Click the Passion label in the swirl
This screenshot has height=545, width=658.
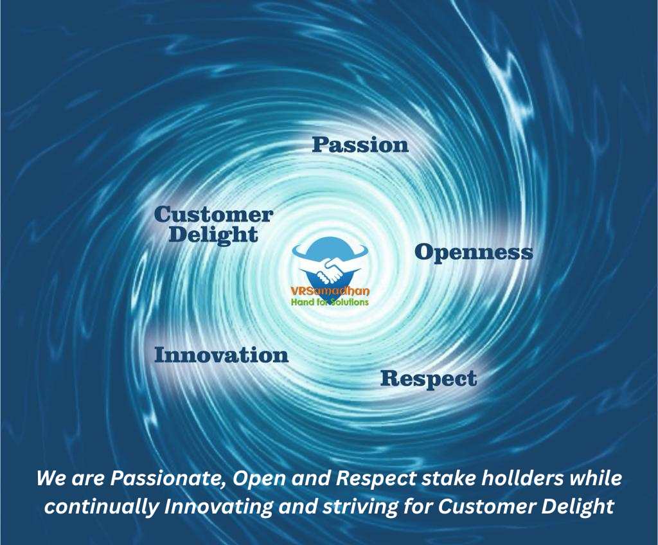[360, 145]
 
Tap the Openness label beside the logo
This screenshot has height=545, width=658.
[474, 252]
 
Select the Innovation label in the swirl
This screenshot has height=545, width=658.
[221, 355]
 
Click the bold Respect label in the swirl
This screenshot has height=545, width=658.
[428, 379]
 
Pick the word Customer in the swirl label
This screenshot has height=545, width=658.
[213, 215]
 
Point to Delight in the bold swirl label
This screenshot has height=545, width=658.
[213, 235]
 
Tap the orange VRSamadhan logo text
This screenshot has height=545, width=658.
[330, 292]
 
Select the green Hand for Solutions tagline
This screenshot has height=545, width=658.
[330, 302]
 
